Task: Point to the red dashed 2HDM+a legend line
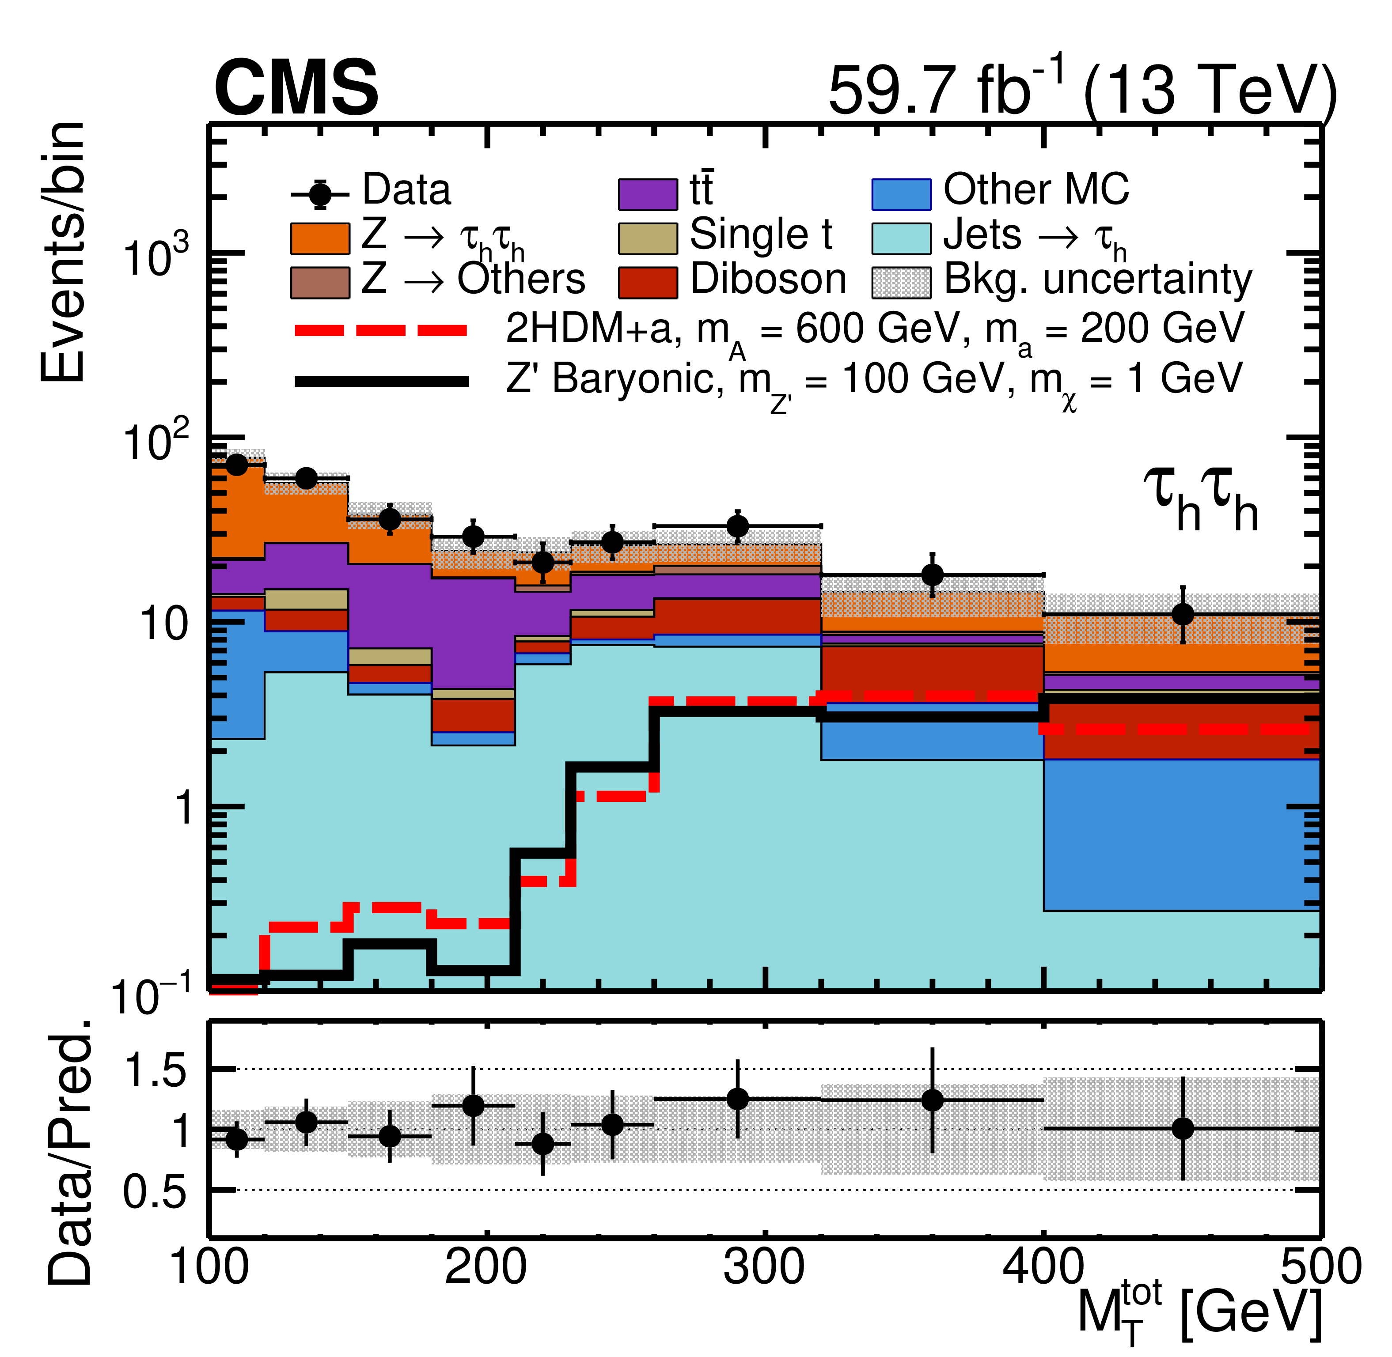pyautogui.click(x=382, y=330)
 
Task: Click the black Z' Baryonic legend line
pyautogui.click(x=382, y=381)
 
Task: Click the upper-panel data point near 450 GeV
pyautogui.click(x=1182, y=614)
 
